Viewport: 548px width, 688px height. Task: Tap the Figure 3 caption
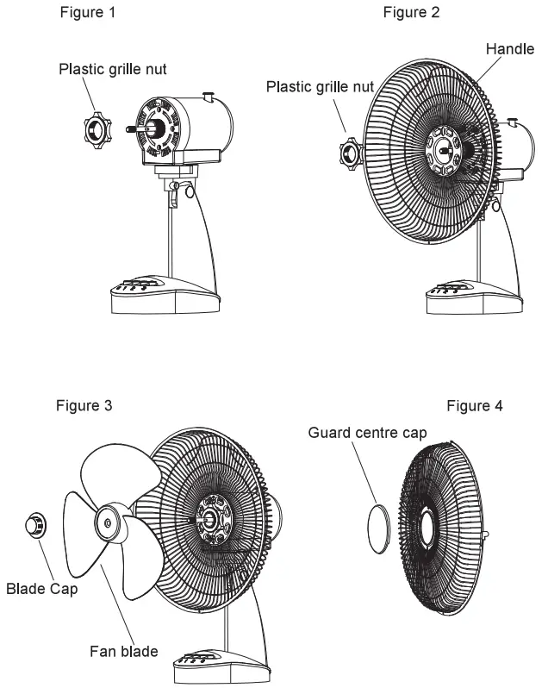84,404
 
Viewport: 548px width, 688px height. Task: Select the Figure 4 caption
476,405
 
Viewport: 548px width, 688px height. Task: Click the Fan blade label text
122,651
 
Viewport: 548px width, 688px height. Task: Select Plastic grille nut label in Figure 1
113,69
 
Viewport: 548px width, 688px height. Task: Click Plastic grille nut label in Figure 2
320,87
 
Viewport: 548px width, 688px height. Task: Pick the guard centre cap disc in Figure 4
378,528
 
